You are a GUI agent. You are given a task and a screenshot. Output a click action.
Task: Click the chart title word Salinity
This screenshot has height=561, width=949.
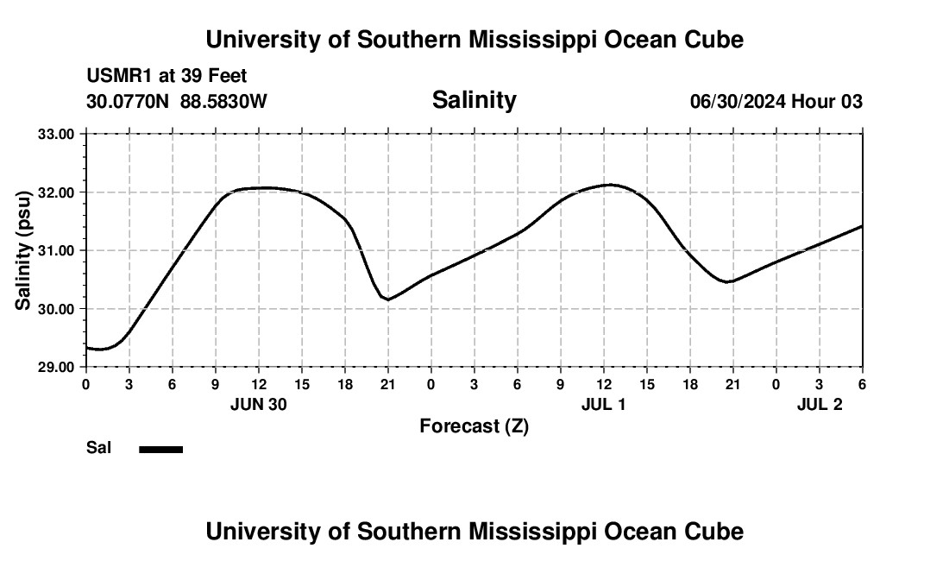(474, 100)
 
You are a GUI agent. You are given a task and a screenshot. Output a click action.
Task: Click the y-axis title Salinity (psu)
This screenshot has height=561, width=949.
(24, 250)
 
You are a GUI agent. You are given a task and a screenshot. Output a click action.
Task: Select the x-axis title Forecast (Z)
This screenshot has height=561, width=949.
(474, 425)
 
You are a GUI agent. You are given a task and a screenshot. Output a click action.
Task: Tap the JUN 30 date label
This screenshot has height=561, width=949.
(258, 405)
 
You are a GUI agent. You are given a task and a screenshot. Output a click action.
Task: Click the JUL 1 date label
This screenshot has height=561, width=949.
(603, 405)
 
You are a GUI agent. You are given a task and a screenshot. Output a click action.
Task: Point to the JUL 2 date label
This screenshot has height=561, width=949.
(819, 405)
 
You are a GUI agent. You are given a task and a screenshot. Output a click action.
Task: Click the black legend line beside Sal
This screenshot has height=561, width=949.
(161, 449)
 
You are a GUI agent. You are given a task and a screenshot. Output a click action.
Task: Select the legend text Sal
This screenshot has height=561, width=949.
(99, 448)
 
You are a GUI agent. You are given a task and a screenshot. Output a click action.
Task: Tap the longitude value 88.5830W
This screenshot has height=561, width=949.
(223, 102)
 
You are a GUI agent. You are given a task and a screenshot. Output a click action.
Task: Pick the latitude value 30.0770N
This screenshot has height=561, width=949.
(129, 102)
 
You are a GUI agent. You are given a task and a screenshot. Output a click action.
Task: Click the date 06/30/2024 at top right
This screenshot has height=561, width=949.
(738, 102)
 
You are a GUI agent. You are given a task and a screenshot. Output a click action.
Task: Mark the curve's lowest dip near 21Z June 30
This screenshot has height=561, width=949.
(388, 299)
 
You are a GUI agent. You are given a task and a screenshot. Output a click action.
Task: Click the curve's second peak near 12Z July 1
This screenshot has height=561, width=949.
(611, 184)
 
